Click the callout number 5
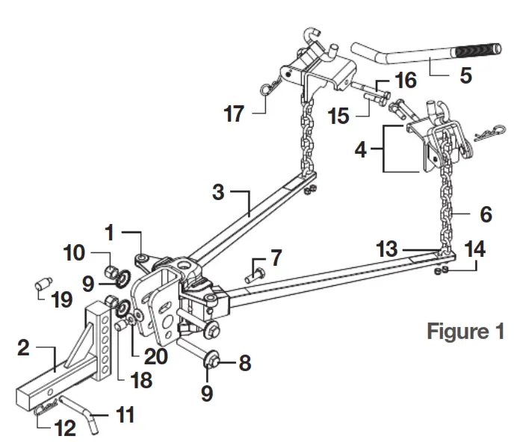pos(465,75)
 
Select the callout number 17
pos(235,115)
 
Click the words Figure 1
pos(465,331)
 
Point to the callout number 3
pos(219,192)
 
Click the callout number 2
pos(25,349)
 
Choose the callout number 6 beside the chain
pos(485,215)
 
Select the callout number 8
pos(244,364)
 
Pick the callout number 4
pos(361,150)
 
